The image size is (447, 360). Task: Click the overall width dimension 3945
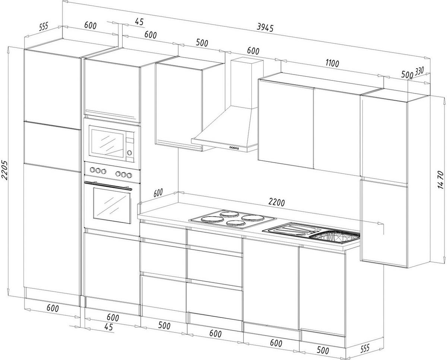click(265, 27)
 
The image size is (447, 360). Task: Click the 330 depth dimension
click(420, 71)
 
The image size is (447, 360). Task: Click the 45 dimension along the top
click(139, 22)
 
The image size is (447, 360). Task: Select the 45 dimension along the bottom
click(108, 327)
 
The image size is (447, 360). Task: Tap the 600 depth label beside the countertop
click(158, 193)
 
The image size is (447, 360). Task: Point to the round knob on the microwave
click(129, 152)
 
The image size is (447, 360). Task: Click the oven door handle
click(108, 186)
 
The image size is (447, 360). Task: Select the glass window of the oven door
click(112, 205)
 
